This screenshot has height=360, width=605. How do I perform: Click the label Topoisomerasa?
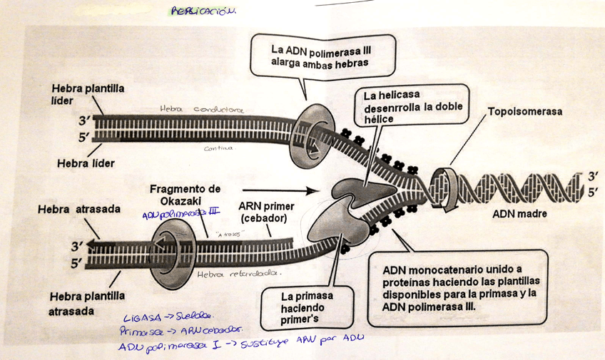tap(524, 113)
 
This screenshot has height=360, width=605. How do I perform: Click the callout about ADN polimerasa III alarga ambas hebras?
tap(322, 56)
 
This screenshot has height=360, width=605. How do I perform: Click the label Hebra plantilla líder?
tap(88, 93)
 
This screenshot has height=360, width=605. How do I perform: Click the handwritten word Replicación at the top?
tap(203, 11)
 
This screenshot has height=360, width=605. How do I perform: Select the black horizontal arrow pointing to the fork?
tap(307, 191)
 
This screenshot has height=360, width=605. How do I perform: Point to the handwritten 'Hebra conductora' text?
tap(201, 110)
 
